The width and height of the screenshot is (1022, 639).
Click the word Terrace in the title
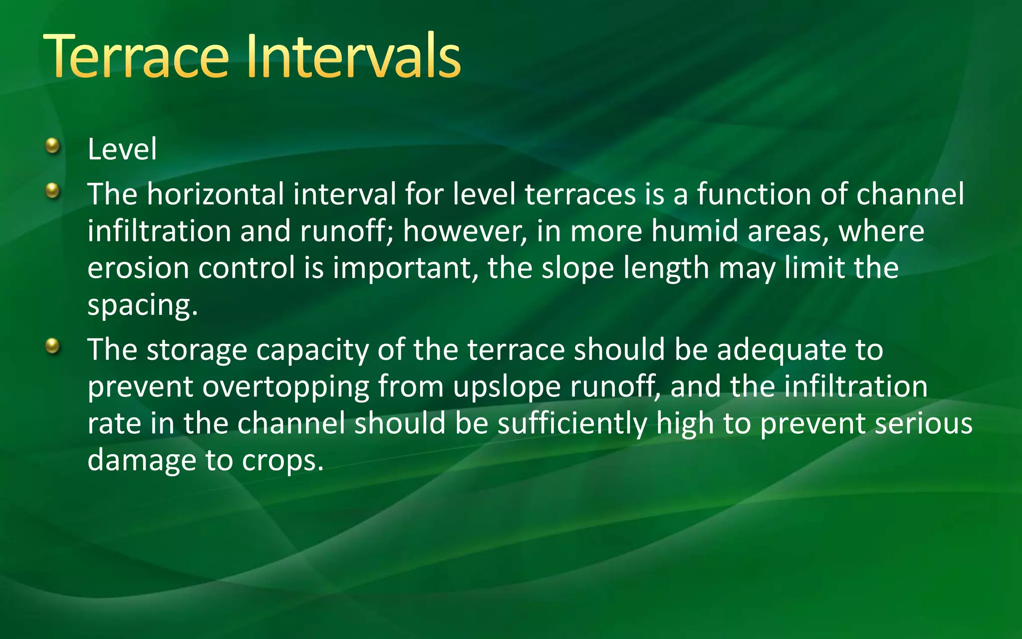click(136, 56)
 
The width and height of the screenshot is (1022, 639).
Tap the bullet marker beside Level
click(52, 146)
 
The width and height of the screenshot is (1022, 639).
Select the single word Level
click(122, 149)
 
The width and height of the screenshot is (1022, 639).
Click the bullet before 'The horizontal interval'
click(52, 191)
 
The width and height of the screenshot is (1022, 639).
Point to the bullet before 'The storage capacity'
click(52, 345)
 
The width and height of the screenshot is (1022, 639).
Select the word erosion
click(138, 268)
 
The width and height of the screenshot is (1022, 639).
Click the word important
click(402, 268)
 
